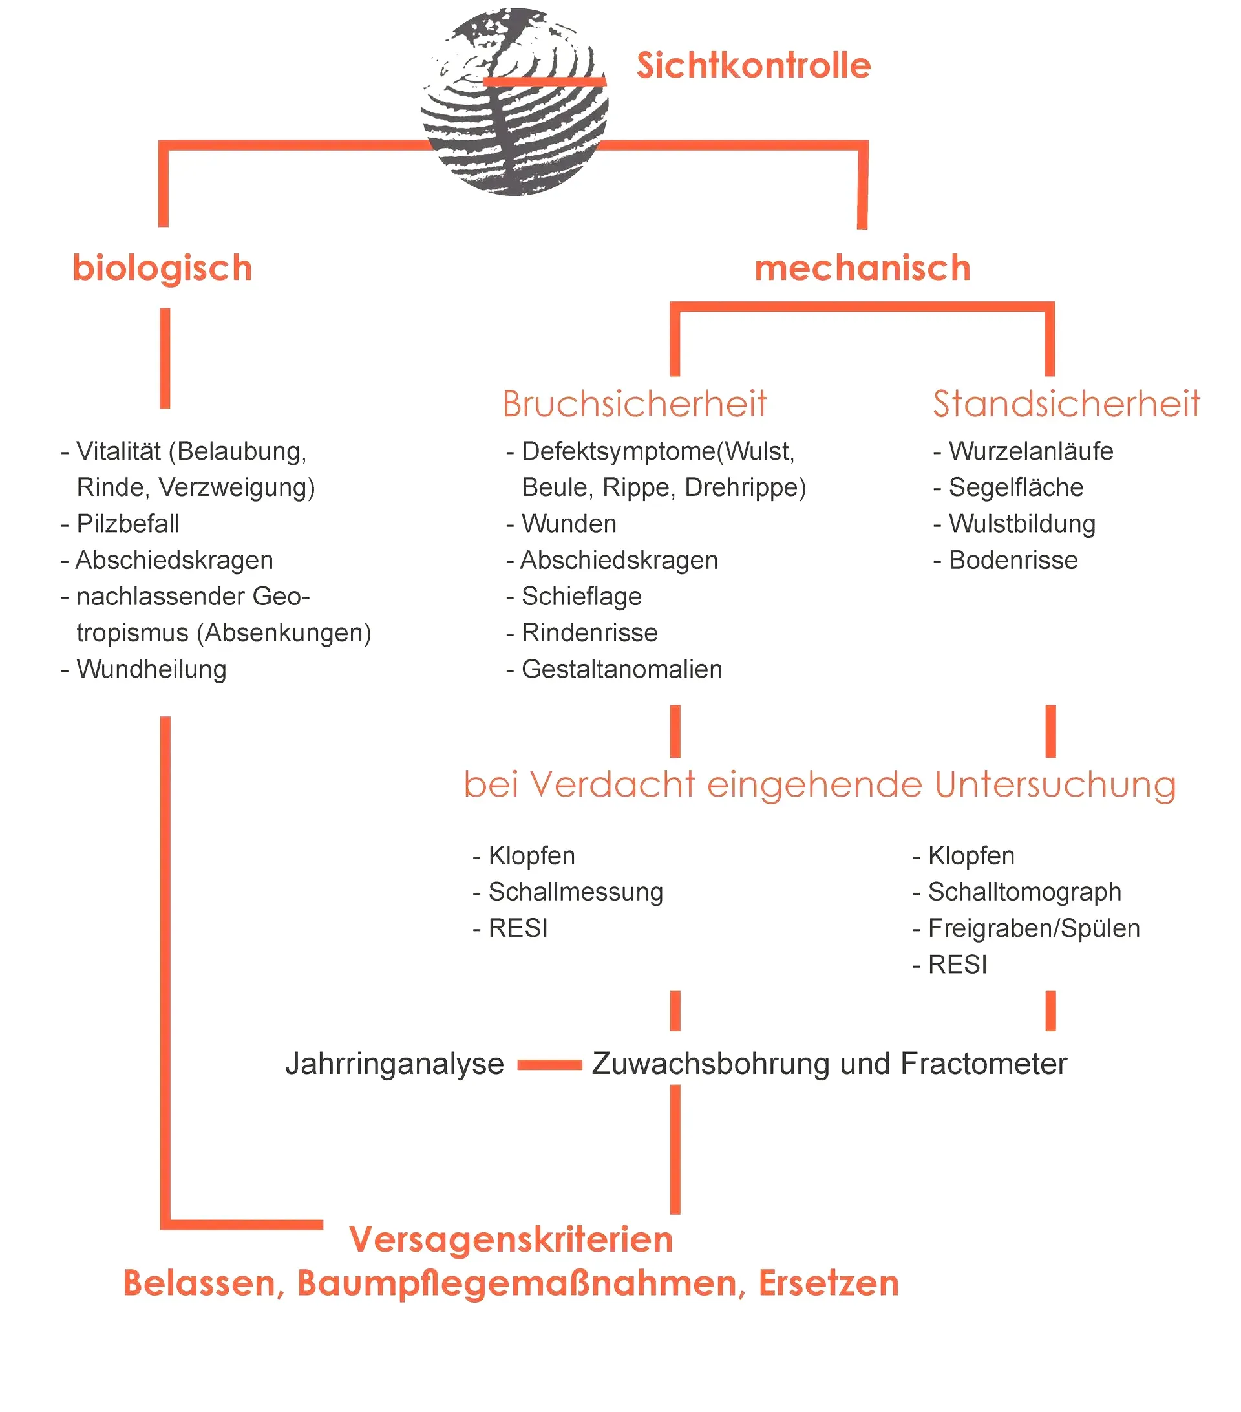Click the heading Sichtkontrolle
[753, 66]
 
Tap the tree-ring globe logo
[514, 102]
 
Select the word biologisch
[162, 268]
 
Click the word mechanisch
[862, 268]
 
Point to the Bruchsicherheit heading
[634, 404]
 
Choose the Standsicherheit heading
[1066, 404]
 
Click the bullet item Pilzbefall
[128, 524]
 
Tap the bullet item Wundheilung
[151, 669]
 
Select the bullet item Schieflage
[582, 596]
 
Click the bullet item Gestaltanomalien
[622, 669]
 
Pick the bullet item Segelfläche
[1015, 487]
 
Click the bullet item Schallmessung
[575, 891]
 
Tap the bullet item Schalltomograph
[1024, 891]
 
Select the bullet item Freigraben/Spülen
[1033, 928]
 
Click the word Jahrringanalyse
[394, 1063]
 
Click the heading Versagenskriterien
[511, 1239]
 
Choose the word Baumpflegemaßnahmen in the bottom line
[522, 1283]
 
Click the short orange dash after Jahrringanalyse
[549, 1065]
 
